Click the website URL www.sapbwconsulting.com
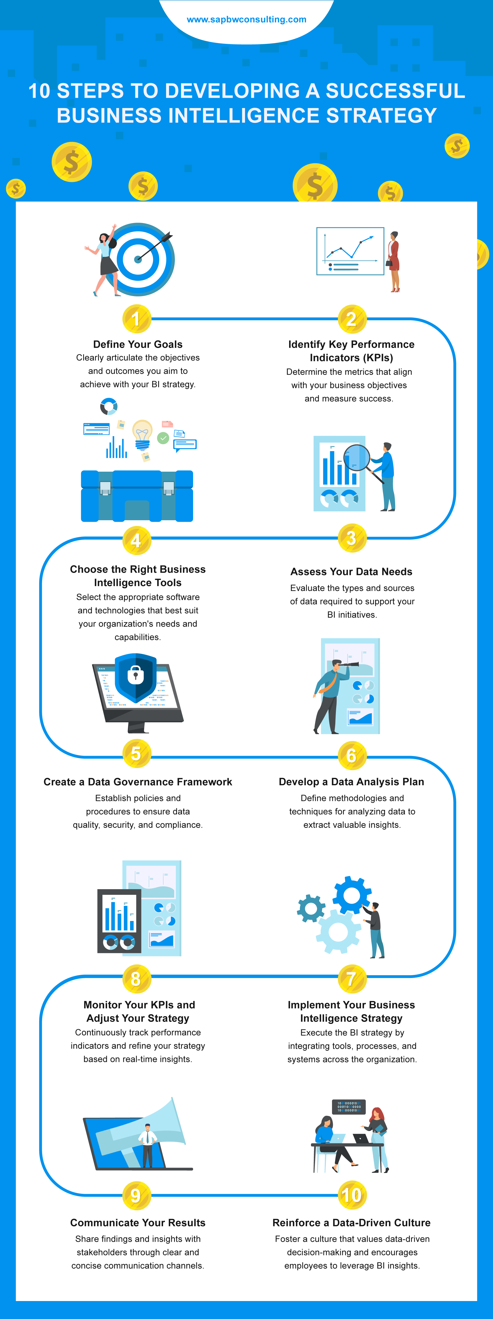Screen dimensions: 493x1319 click(x=246, y=20)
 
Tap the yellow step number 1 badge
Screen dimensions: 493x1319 click(x=136, y=319)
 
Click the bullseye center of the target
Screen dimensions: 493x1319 click(x=138, y=259)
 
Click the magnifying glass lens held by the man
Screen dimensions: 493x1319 click(x=357, y=457)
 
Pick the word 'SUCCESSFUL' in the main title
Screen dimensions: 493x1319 click(x=395, y=91)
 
